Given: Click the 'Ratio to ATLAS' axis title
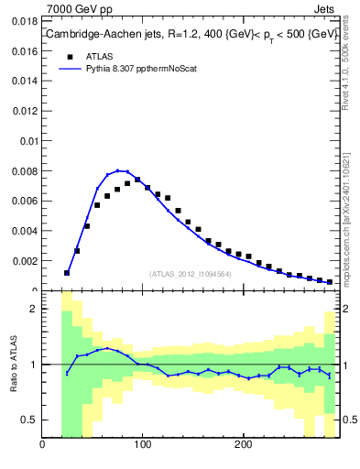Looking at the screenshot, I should tap(14, 364).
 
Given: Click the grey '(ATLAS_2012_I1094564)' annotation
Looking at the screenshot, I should tap(190, 273).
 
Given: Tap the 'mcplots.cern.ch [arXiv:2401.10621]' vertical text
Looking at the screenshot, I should tap(353, 211).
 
